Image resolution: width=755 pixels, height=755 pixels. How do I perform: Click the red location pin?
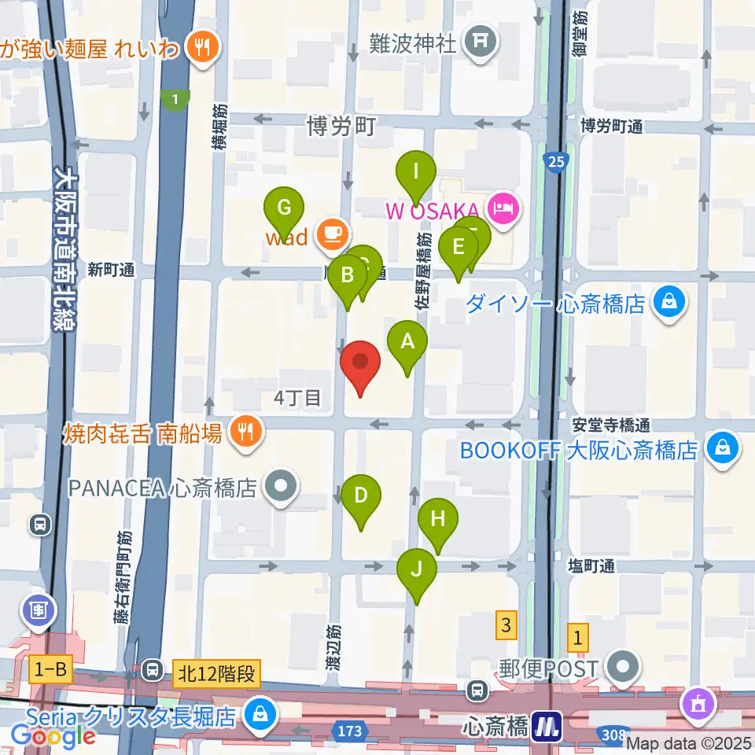coord(361,366)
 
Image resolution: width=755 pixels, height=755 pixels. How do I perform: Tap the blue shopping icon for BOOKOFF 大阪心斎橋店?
coord(720,449)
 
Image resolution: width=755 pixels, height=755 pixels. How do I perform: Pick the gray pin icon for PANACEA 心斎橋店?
coord(279,487)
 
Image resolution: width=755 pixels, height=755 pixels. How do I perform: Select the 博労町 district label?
coord(342,127)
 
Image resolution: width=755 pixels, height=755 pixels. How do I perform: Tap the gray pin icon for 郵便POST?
coord(624,667)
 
